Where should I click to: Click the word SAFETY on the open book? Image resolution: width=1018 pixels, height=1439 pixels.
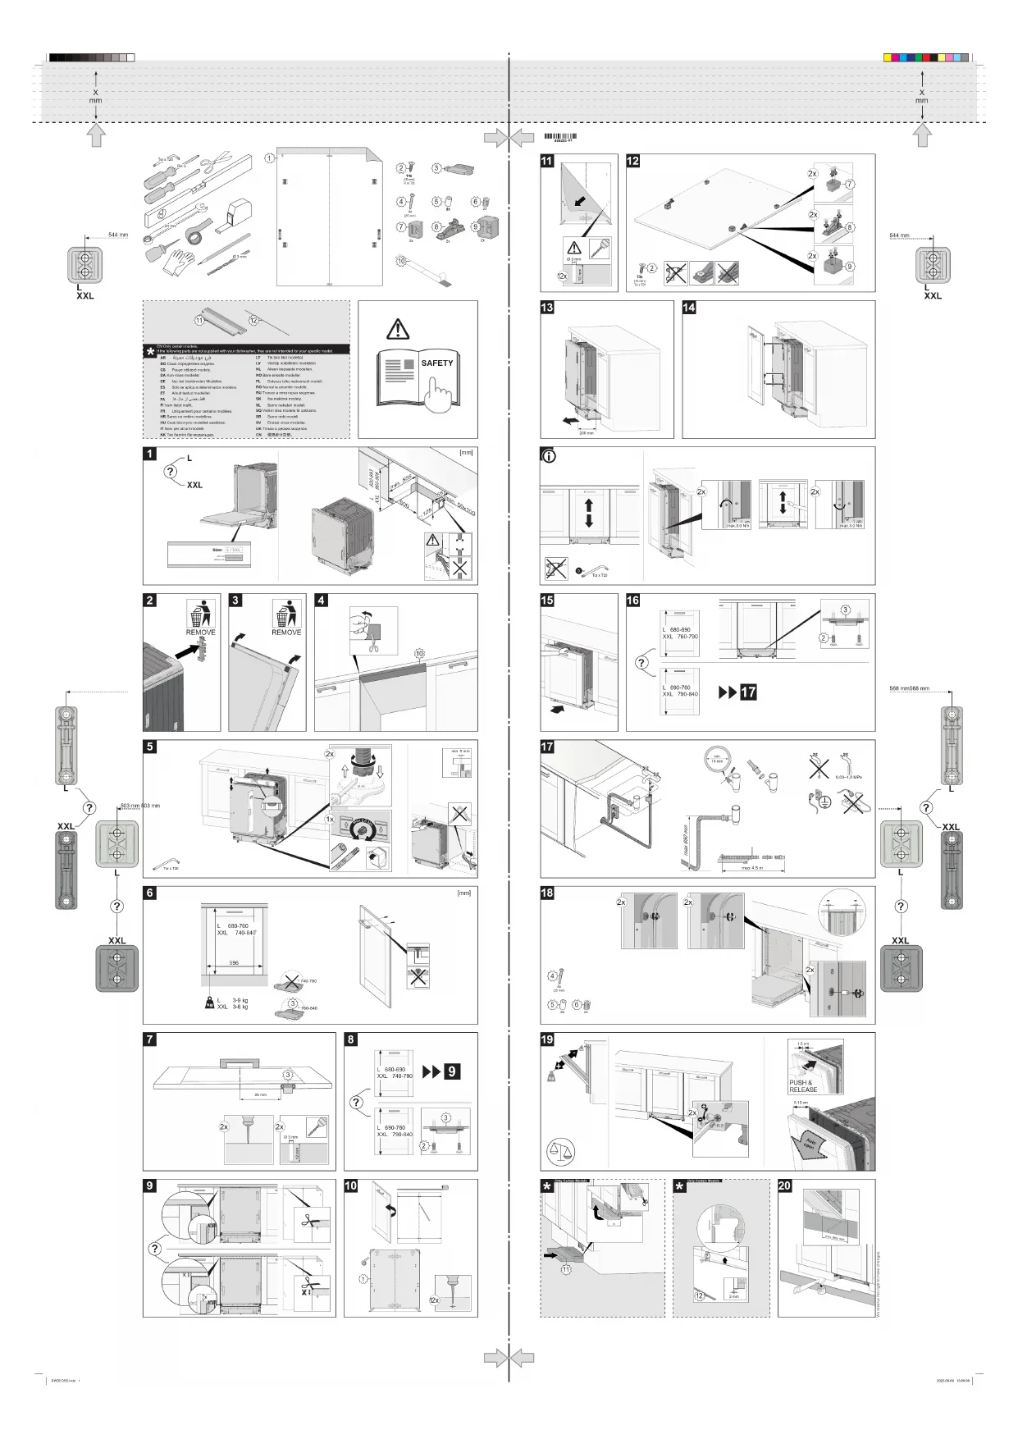coord(436,363)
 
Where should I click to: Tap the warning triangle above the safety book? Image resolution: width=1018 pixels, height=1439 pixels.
coord(398,330)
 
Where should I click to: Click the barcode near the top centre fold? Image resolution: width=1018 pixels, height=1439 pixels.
coord(559,137)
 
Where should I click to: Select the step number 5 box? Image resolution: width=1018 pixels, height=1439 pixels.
coord(150,747)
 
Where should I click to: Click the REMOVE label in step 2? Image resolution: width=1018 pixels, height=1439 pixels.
coord(200,633)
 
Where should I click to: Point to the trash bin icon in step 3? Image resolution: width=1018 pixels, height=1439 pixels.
coord(285,614)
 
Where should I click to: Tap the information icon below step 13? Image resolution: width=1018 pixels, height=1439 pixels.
coord(549,455)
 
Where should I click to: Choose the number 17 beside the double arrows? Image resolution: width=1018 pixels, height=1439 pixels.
coord(748,692)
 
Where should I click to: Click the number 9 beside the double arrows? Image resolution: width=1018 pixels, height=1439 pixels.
coord(451,1071)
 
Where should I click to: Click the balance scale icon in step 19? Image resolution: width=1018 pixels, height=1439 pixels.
coord(560,1151)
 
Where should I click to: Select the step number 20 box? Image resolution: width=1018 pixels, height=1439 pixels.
coord(785,1185)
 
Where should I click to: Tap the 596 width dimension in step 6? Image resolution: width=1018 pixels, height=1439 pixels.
coord(234,962)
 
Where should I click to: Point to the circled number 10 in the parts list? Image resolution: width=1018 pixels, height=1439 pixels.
coord(401,261)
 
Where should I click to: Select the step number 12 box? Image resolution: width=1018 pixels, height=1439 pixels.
coord(633,161)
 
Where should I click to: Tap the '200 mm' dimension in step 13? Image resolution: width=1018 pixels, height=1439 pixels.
coord(586,432)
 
